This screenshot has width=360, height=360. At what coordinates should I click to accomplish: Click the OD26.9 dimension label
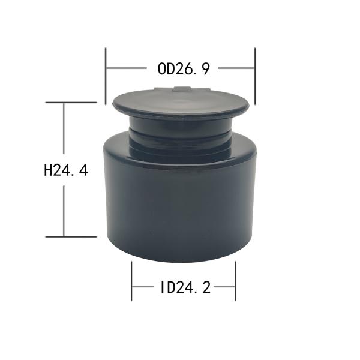coord(184,68)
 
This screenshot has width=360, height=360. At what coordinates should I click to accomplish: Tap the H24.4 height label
coord(65,170)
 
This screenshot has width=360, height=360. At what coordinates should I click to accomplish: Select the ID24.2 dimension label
coord(185,287)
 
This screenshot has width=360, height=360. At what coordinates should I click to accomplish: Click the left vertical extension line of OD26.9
coord(106,76)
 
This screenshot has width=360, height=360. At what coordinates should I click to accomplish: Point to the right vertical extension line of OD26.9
coord(255,76)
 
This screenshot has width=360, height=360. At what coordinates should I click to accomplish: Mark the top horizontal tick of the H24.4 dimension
coord(71,103)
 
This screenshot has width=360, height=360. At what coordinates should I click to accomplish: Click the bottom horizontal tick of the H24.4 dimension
coord(71,236)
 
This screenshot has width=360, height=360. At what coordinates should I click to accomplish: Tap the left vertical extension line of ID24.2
coord(131,281)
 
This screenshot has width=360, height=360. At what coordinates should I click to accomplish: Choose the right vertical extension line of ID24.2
coord(235,281)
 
